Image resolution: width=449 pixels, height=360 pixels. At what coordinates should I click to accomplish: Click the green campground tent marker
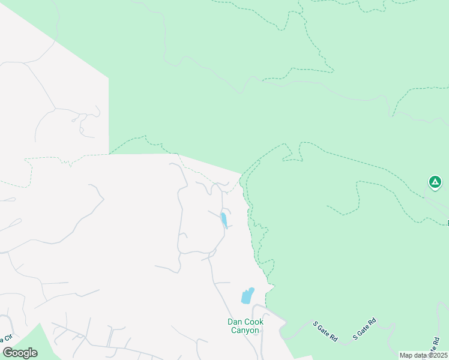pyautogui.click(x=435, y=181)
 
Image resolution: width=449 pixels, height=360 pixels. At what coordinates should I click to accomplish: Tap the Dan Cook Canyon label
pyautogui.click(x=246, y=326)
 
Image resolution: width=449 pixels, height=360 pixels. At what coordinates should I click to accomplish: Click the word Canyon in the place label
pyautogui.click(x=246, y=330)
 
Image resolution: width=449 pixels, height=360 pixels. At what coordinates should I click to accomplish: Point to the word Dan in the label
pyautogui.click(x=235, y=322)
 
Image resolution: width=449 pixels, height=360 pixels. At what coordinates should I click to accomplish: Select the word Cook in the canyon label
pyautogui.click(x=254, y=322)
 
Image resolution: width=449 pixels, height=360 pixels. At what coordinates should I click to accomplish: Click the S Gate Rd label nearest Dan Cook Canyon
pyautogui.click(x=325, y=332)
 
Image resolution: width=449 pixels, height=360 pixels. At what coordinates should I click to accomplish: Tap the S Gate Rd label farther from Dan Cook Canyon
pyautogui.click(x=364, y=328)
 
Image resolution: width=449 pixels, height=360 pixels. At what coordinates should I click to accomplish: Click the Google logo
pyautogui.click(x=20, y=353)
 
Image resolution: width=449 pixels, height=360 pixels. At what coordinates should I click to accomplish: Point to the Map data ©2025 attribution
pyautogui.click(x=423, y=355)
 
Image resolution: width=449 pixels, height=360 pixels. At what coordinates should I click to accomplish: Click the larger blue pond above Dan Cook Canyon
pyautogui.click(x=247, y=295)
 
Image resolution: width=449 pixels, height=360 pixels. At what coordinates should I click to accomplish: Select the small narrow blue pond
pyautogui.click(x=224, y=220)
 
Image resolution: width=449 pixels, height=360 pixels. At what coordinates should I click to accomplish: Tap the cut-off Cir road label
pyautogui.click(x=7, y=340)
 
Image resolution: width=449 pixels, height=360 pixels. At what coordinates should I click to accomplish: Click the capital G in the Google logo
pyautogui.click(x=8, y=353)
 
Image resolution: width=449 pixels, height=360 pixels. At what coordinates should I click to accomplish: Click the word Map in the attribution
pyautogui.click(x=406, y=355)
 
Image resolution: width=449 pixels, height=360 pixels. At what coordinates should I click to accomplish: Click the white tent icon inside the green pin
pyautogui.click(x=435, y=181)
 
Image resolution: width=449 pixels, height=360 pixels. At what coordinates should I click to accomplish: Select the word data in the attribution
pyautogui.click(x=420, y=355)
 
